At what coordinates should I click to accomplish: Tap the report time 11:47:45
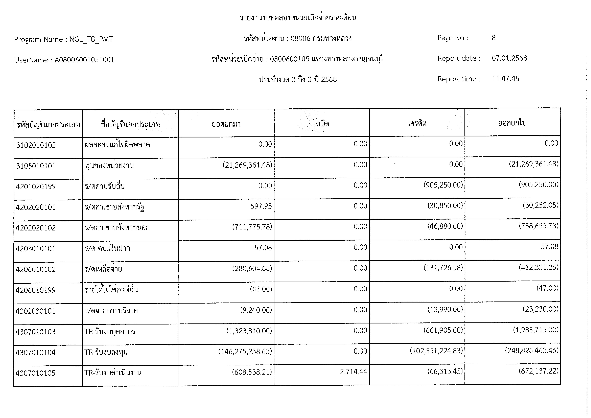505,79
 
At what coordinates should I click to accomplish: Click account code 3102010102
36,145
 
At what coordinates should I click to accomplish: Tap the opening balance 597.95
261,206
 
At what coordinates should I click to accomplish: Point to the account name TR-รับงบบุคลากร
110,331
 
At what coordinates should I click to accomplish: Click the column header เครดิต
417,123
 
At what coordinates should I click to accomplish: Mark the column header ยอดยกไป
512,123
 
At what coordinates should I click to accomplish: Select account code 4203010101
36,249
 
